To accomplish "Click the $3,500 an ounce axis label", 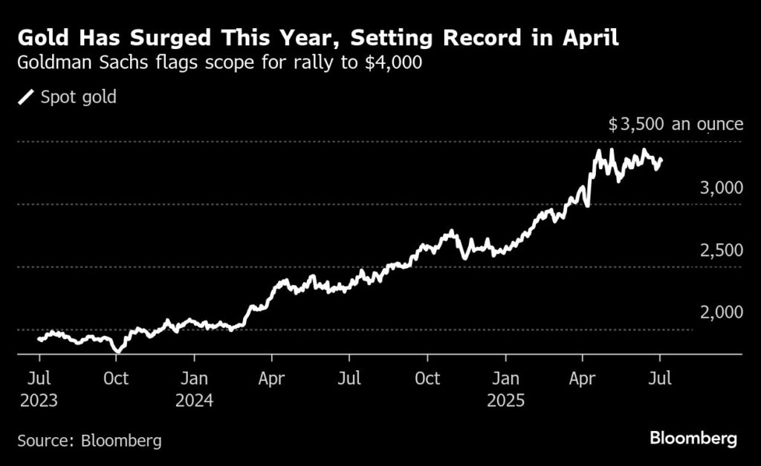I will point(675,124).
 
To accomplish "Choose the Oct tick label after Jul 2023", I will point(117,378).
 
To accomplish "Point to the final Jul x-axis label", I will point(660,378).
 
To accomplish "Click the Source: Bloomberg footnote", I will point(89,440).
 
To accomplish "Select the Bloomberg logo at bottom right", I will point(693,439).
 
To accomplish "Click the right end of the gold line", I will point(661,160).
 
